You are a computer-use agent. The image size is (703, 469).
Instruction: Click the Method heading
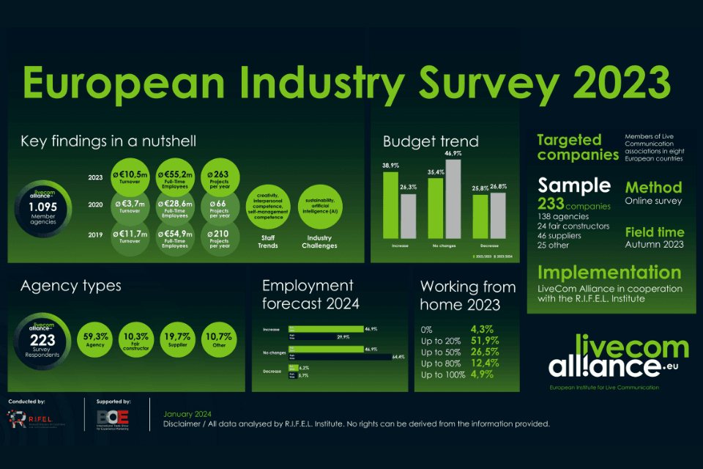click(653, 187)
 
